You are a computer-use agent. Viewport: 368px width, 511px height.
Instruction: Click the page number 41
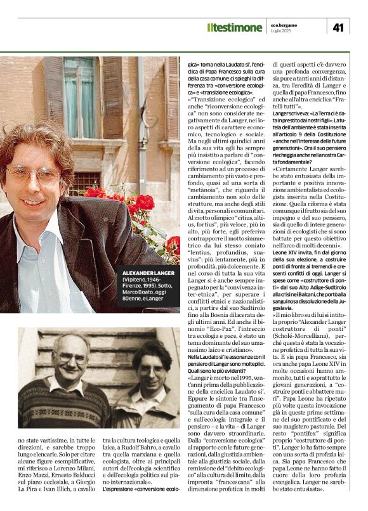338,27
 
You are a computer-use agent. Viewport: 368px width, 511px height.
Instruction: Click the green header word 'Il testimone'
234,27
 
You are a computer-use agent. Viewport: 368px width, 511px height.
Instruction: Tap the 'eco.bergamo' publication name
294,23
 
